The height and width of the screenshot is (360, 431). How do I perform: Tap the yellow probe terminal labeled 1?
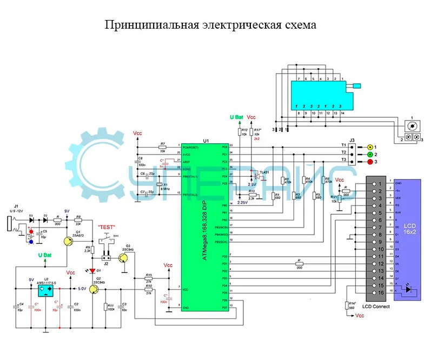pyautogui.click(x=369, y=146)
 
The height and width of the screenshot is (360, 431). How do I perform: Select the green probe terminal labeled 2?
pyautogui.click(x=369, y=154)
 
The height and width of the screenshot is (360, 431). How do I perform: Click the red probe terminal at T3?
pyautogui.click(x=369, y=162)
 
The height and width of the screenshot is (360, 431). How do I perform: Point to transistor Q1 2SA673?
pyautogui.click(x=68, y=242)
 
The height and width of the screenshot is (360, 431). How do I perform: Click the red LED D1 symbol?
pyautogui.click(x=92, y=270)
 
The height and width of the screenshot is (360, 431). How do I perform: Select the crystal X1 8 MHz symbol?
pyautogui.click(x=158, y=184)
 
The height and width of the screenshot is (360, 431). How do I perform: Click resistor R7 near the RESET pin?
pyautogui.click(x=162, y=146)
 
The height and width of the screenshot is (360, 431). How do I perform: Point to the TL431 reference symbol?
pyautogui.click(x=253, y=174)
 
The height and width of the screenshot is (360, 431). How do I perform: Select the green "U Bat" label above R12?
pyautogui.click(x=236, y=117)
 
